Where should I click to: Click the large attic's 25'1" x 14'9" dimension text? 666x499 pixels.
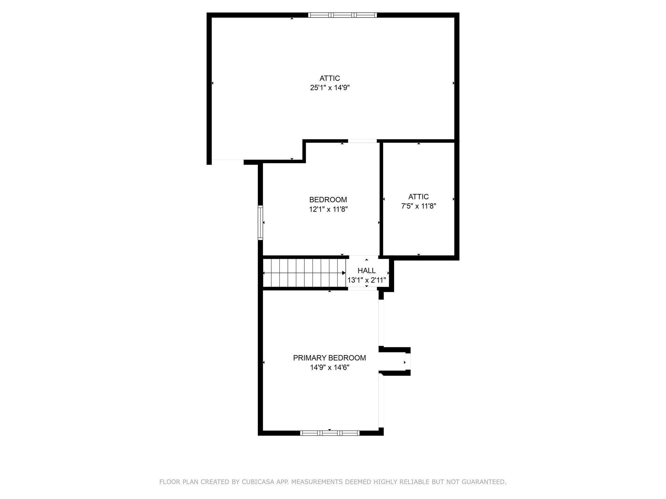point(330,88)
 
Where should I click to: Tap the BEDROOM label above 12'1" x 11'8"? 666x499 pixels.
point(328,200)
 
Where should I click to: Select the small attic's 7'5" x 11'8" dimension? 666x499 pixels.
point(419,206)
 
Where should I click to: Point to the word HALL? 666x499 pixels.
point(366,271)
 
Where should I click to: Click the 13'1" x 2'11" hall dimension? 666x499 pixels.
point(366,280)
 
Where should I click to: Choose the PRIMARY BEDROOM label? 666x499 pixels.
point(329,358)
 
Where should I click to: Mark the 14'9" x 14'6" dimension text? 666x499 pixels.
point(330,367)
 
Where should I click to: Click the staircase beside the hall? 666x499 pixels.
point(304,273)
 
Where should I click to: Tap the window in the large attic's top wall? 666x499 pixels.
point(342,15)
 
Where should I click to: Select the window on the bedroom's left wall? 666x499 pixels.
point(260,223)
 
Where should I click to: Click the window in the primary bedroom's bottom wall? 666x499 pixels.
point(330,433)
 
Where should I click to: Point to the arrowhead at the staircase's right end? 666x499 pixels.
point(344,273)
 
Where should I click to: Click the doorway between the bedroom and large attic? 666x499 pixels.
point(362,141)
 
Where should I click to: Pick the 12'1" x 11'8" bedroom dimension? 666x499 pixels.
point(328,209)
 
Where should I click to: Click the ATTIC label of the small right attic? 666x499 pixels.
point(419,197)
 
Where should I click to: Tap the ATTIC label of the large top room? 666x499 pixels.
point(330,78)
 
